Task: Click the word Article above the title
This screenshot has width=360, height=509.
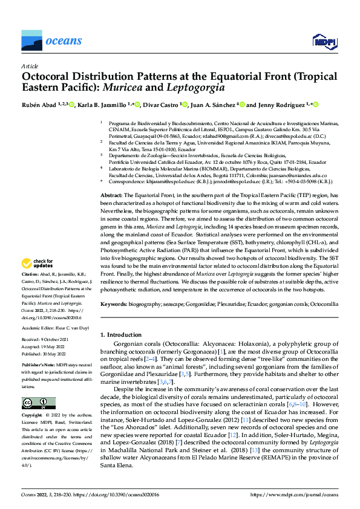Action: pos(30,65)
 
